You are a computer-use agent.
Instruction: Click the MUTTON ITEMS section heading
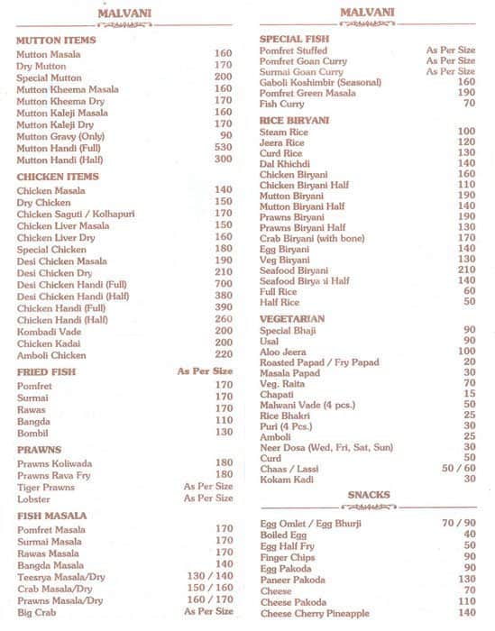[56, 41]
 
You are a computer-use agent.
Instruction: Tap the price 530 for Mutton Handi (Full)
[223, 147]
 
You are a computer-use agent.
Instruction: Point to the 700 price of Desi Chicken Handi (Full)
[223, 284]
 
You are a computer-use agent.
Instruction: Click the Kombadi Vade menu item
[49, 331]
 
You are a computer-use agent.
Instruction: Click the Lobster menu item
[33, 498]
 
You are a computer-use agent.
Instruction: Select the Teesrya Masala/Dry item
[60, 576]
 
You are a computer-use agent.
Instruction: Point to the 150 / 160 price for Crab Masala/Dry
[209, 588]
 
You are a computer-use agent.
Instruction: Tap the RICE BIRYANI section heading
[294, 120]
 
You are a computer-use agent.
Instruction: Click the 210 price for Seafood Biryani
[466, 270]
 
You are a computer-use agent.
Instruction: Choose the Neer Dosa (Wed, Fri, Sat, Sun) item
[326, 447]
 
